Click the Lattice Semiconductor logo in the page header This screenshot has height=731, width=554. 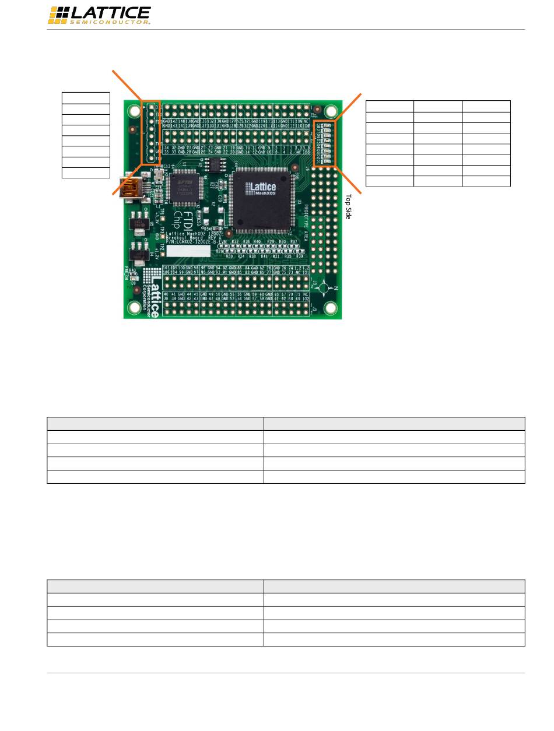pos(99,16)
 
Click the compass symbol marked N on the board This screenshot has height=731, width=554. pos(328,288)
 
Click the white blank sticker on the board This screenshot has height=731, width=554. pos(189,251)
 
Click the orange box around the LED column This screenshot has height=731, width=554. pos(325,143)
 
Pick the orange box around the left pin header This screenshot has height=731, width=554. pos(150,132)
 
